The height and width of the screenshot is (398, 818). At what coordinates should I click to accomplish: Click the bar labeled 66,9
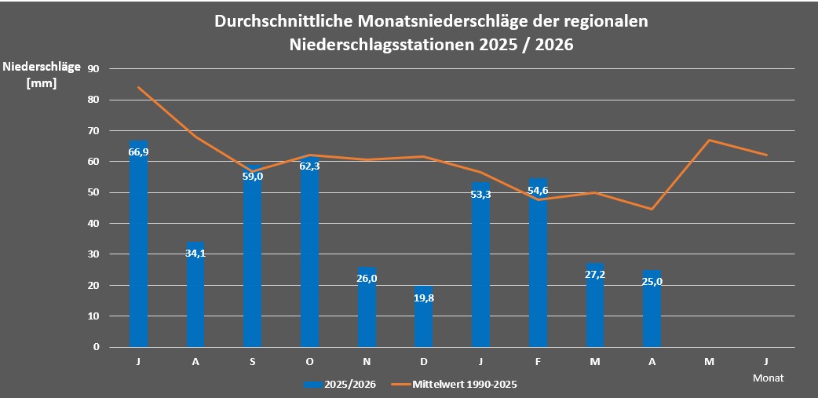[x=138, y=243]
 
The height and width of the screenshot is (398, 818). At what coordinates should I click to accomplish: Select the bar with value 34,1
[x=195, y=294]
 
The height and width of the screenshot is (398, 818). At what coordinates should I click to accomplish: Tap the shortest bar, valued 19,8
[x=424, y=316]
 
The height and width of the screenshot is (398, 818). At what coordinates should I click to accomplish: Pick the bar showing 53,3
[x=481, y=265]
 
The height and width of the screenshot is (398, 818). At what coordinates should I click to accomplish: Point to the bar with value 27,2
[x=595, y=305]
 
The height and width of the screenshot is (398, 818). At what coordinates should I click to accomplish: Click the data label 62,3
[x=310, y=167]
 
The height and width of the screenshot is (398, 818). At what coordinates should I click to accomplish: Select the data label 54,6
[x=538, y=191]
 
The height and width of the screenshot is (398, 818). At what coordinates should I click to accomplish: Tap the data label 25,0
[x=652, y=282]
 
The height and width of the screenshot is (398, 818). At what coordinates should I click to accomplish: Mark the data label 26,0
[x=367, y=279]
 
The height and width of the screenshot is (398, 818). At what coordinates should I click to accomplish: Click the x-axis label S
[x=253, y=361]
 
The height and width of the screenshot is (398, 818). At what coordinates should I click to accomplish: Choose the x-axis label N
[x=367, y=361]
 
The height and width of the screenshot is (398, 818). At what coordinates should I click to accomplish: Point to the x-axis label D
[x=424, y=361]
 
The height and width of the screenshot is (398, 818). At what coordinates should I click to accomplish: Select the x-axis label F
[x=538, y=361]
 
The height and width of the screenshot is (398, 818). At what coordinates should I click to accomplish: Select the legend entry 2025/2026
[x=339, y=385]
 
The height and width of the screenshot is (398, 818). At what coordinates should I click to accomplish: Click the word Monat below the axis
[x=768, y=378]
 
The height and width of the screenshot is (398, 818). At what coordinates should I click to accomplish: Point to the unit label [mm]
[x=41, y=82]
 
